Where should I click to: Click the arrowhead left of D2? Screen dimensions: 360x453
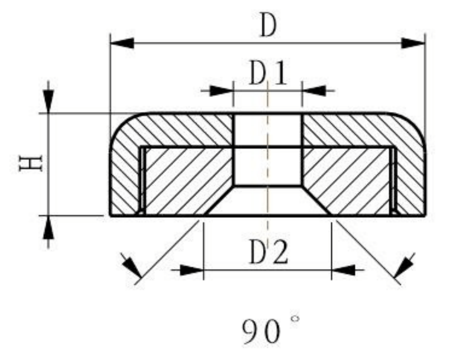coord(191,270)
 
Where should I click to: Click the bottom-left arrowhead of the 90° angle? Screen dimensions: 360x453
coord(131,265)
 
